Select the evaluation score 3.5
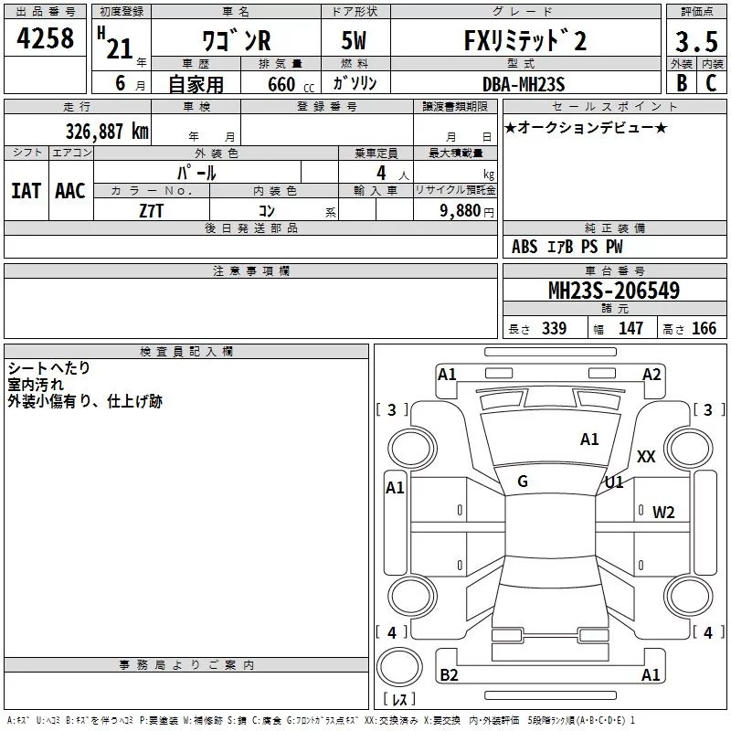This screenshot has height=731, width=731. [x=695, y=42]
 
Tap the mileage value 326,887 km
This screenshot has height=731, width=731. [x=107, y=131]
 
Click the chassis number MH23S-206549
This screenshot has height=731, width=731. [x=613, y=291]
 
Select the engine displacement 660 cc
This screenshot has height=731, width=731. [x=275, y=85]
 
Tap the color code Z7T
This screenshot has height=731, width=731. [x=151, y=209]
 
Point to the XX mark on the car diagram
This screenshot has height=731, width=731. [x=646, y=457]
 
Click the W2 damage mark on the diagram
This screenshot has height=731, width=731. [x=662, y=512]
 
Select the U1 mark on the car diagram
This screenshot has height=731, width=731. [x=614, y=482]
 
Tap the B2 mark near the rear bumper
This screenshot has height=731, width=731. [x=449, y=675]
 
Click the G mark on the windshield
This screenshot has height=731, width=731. [x=523, y=482]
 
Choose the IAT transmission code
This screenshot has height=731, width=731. [x=26, y=191]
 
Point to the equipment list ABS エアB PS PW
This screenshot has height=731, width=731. [x=567, y=247]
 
